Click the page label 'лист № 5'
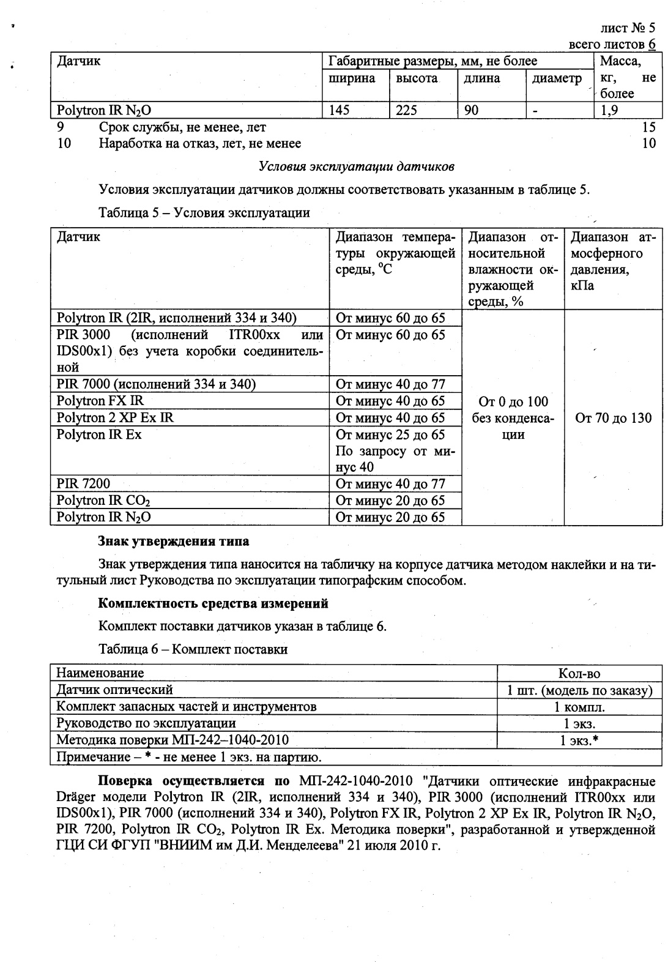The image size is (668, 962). coord(628,28)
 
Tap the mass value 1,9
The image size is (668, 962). coord(609,111)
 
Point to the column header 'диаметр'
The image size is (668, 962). coord(557,78)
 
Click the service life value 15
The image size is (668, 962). coord(648,127)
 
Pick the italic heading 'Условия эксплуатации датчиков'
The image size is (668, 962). coord(356,166)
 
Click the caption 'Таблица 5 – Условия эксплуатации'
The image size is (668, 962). coord(204,213)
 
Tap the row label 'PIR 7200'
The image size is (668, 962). coord(83,484)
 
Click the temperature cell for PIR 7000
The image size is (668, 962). coord(390,385)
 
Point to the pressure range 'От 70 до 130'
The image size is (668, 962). coord(613,419)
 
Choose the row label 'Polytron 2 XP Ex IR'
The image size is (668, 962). coord(115,418)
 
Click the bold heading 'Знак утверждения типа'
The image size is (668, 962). coord(174,542)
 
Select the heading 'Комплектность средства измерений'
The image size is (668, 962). coord(213,604)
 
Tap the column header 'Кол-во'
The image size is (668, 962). coord(579,674)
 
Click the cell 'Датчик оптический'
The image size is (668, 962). coord(115,690)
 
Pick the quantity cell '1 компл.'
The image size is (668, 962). coord(579,707)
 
